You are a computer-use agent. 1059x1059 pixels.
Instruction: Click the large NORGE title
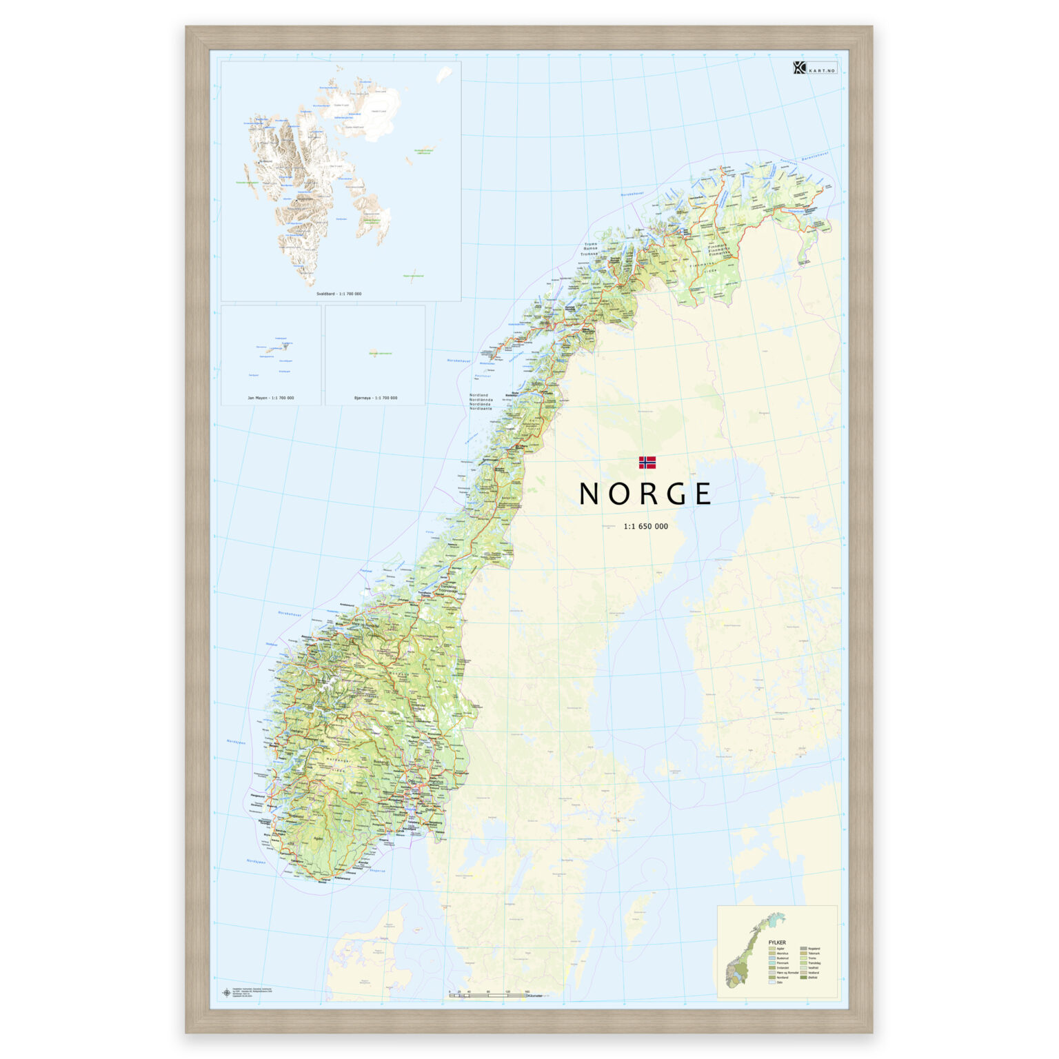(645, 494)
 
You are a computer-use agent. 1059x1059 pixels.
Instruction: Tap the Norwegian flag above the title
(647, 462)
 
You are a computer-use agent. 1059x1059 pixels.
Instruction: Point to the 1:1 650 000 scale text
(645, 526)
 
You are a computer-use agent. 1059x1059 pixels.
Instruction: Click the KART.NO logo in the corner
(814, 68)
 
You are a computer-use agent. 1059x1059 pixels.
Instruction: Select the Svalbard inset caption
(339, 294)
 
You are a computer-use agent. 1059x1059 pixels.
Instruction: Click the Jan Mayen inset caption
(270, 398)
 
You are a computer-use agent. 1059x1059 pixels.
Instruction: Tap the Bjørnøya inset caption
(375, 398)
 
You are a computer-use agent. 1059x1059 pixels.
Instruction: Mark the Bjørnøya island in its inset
(374, 354)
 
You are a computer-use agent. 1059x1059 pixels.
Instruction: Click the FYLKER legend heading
(777, 942)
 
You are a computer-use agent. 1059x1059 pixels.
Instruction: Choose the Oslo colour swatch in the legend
(772, 982)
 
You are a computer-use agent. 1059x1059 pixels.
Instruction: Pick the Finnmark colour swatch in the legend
(772, 963)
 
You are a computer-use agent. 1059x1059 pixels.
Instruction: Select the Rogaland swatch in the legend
(803, 949)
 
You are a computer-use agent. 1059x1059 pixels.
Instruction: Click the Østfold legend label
(813, 978)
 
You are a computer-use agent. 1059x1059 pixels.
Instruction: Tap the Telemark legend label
(814, 954)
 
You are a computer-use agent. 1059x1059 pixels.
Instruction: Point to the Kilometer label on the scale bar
(535, 996)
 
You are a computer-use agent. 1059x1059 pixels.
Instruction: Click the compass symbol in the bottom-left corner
(226, 993)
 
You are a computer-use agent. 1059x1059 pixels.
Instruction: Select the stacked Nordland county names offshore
(481, 402)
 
